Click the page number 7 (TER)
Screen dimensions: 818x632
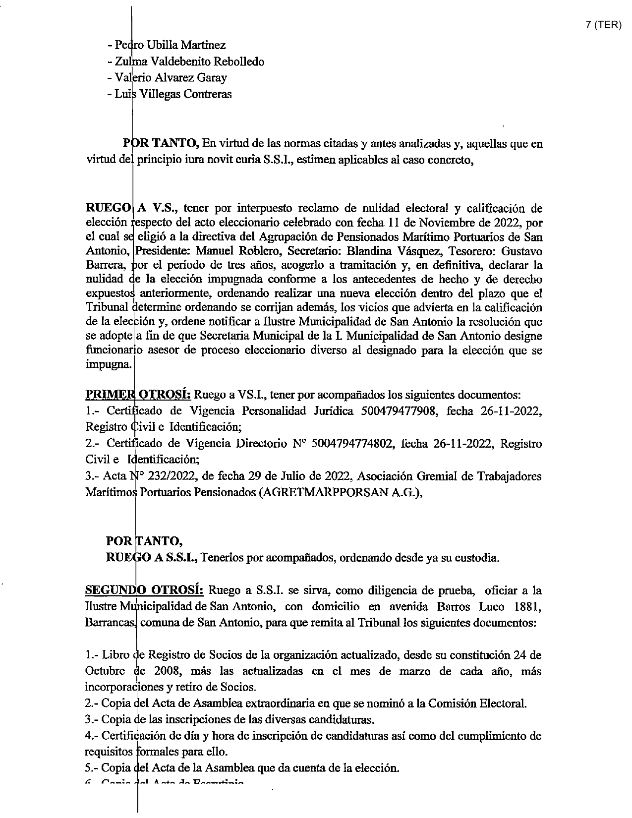603,26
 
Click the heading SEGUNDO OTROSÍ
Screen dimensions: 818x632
144,590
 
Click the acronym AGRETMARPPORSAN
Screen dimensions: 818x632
328,492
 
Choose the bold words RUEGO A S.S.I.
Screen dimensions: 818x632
152,557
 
